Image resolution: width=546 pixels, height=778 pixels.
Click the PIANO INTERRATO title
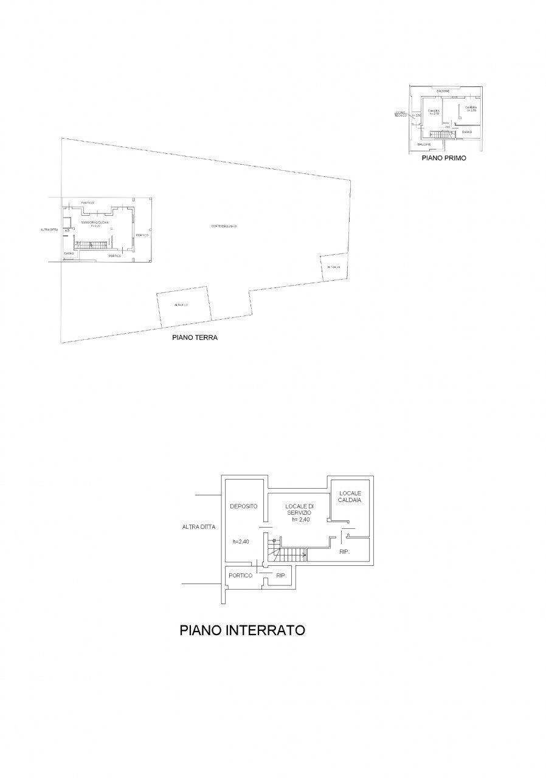pyautogui.click(x=242, y=630)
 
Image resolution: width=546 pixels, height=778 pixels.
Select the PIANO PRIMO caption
pyautogui.click(x=444, y=157)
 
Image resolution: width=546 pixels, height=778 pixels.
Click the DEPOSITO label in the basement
pyautogui.click(x=243, y=506)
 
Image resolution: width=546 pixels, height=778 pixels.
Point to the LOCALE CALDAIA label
pyautogui.click(x=350, y=496)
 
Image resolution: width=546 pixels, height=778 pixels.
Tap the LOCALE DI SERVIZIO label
pyautogui.click(x=300, y=512)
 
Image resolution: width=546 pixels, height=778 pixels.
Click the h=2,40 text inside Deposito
pyautogui.click(x=241, y=542)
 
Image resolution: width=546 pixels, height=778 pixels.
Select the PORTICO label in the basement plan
pyautogui.click(x=240, y=576)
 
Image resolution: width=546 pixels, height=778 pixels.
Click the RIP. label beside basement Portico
pyautogui.click(x=281, y=576)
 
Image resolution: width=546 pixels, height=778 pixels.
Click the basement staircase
pyautogui.click(x=289, y=554)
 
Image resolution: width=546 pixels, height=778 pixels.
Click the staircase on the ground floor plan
pyautogui.click(x=91, y=244)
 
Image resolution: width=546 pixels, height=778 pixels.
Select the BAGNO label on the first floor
pyautogui.click(x=466, y=132)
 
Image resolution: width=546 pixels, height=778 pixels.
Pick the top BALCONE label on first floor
pyautogui.click(x=443, y=91)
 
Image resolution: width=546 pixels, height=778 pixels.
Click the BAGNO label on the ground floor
pyautogui.click(x=69, y=253)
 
